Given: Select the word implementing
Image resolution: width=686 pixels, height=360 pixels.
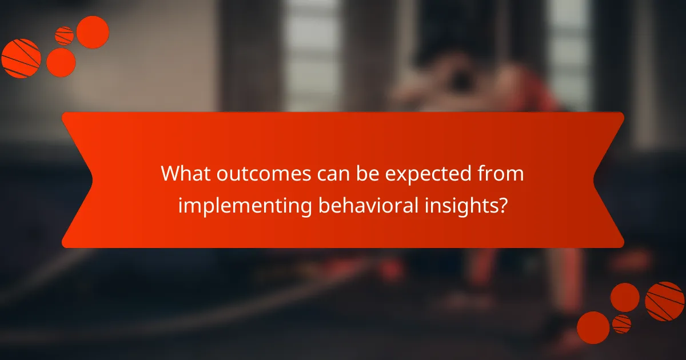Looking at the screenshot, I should tap(242, 206).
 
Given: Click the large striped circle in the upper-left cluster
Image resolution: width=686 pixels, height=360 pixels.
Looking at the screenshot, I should tap(21, 58).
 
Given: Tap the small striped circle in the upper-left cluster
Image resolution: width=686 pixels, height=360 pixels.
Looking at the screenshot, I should tap(65, 36).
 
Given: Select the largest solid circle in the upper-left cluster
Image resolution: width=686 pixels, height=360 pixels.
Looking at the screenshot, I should tap(93, 32).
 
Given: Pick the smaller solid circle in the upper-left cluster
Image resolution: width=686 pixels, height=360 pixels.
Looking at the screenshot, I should tap(61, 62).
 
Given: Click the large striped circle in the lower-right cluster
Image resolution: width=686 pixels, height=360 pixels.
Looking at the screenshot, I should tap(664, 301).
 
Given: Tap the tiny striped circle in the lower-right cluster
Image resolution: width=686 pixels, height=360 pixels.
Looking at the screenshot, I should tap(621, 324).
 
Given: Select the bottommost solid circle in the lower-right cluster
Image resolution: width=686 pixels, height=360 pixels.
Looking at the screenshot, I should tap(593, 327).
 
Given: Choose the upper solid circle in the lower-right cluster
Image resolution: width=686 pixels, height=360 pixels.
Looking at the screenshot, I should tap(625, 297).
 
